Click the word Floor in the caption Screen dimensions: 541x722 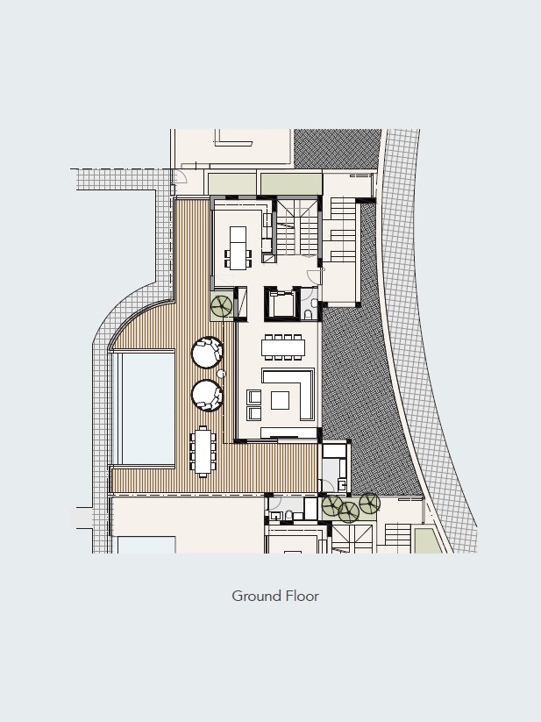(x=303, y=596)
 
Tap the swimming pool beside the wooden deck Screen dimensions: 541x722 (x=147, y=408)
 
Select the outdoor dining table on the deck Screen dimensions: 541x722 (x=203, y=451)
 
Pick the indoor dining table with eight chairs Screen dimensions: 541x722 (x=283, y=347)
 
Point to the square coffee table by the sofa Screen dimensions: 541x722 (x=280, y=400)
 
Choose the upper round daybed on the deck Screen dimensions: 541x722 (x=207, y=353)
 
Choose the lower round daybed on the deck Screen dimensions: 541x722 (x=207, y=395)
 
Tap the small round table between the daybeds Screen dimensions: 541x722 (x=221, y=374)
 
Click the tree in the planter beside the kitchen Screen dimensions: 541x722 (x=221, y=306)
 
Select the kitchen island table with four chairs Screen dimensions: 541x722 (x=238, y=247)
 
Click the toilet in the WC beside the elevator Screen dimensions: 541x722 (x=309, y=315)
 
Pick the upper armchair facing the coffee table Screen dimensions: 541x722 (x=254, y=397)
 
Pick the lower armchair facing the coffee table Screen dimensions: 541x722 (x=254, y=413)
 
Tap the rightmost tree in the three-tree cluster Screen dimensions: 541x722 (x=369, y=504)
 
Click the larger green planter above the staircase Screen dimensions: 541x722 (x=291, y=183)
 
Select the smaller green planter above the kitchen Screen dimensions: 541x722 (x=231, y=184)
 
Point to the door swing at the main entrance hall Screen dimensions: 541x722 (x=314, y=277)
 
